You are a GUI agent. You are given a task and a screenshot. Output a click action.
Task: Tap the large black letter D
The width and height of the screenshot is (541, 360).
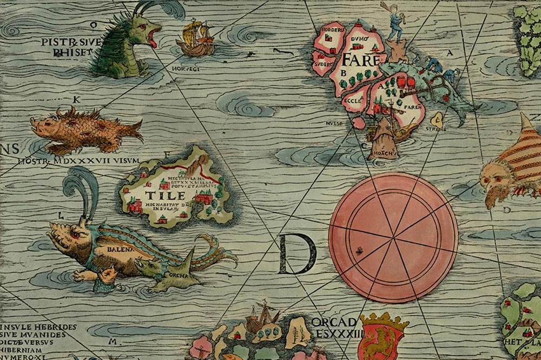pos(296,254)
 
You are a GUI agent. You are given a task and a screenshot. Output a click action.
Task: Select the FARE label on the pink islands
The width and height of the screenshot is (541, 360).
pos(363,57)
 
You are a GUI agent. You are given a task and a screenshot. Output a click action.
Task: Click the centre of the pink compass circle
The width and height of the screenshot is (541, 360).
pos(393,237)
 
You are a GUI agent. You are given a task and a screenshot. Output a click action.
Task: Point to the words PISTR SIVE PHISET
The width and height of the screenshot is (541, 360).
pos(67,46)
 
